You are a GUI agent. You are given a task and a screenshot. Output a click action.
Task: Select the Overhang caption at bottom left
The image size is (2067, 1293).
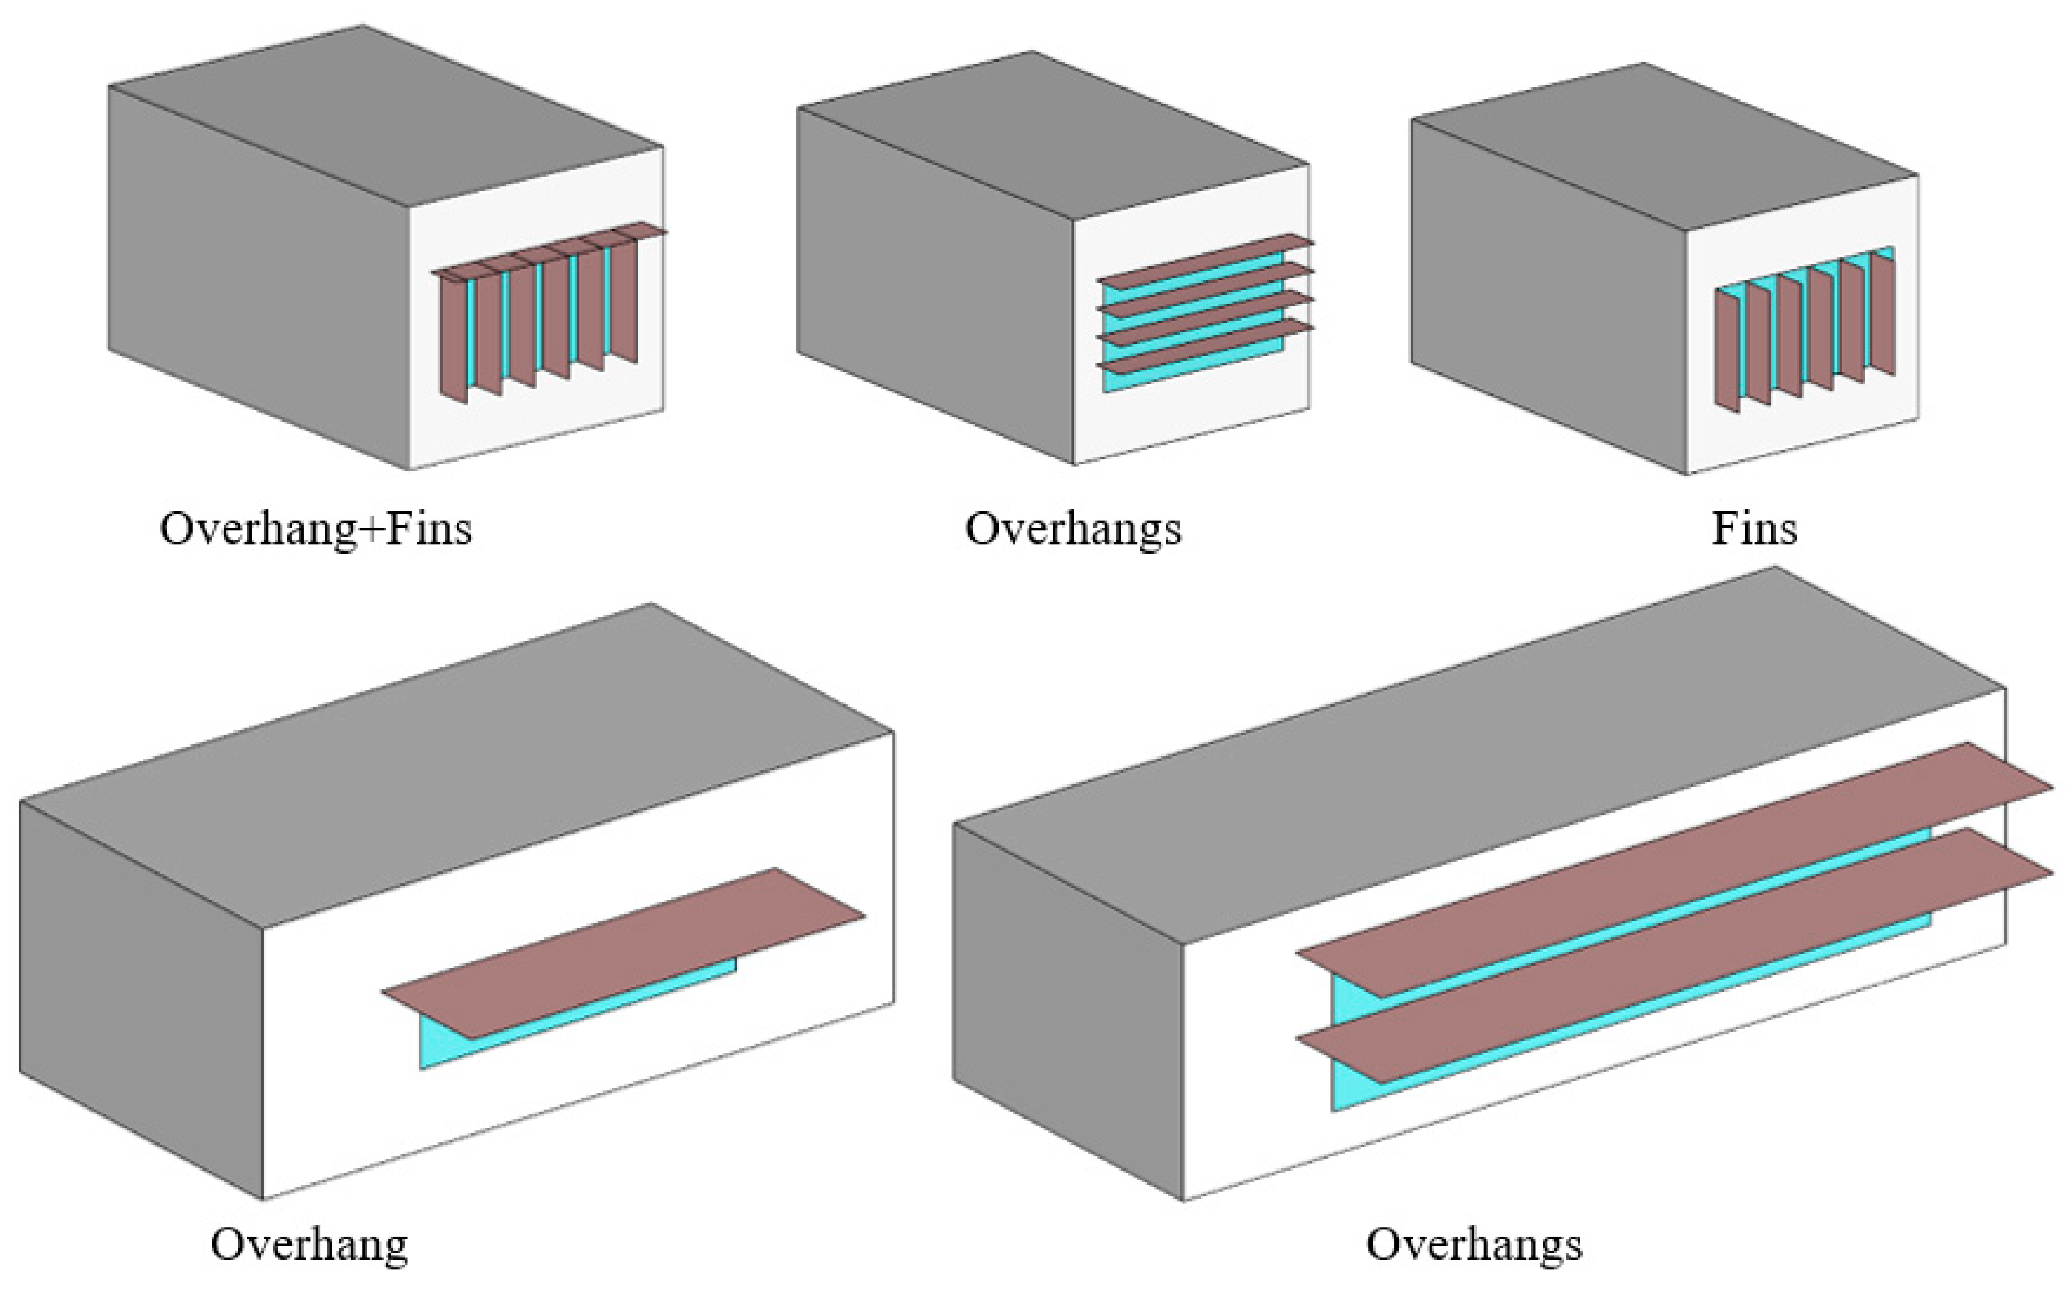click(x=309, y=1244)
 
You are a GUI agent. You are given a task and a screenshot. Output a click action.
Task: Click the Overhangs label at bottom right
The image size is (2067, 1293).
click(x=1474, y=1244)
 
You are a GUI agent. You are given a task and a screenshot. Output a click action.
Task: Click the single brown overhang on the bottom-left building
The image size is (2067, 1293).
click(x=624, y=953)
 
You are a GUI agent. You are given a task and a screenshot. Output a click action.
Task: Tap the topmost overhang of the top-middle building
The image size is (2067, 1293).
click(x=1206, y=260)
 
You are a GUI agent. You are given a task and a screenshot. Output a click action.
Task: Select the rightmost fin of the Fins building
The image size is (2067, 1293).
click(x=1883, y=312)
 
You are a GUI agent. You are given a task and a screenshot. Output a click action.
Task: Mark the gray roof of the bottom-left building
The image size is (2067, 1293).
click(x=453, y=761)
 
